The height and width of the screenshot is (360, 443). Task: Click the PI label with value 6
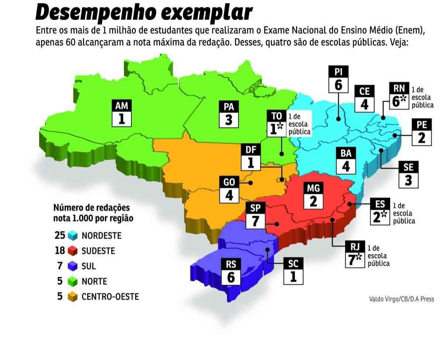pos(338,79)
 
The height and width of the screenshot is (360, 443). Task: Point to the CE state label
pos(364,98)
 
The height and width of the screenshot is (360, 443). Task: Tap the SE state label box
pos(408,174)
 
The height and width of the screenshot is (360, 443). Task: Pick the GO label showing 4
pos(229,189)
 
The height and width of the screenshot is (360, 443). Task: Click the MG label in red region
pos(313,195)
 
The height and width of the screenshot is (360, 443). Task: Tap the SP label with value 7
pos(255,215)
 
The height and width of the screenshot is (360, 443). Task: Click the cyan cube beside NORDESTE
pos(72,235)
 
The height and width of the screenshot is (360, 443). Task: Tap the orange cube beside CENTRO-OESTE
pos(72,297)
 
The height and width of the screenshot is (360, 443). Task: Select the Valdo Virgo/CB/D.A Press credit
pos(401,299)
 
